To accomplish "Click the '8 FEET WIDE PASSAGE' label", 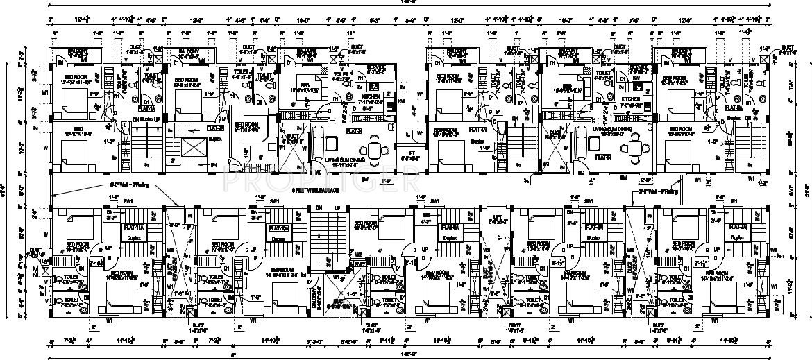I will coord(316,188).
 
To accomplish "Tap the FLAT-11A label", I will coord(133,227).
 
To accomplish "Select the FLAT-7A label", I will coord(736,227).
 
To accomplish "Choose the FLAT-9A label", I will coord(594,227).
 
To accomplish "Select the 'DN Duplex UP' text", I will coord(146,119).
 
